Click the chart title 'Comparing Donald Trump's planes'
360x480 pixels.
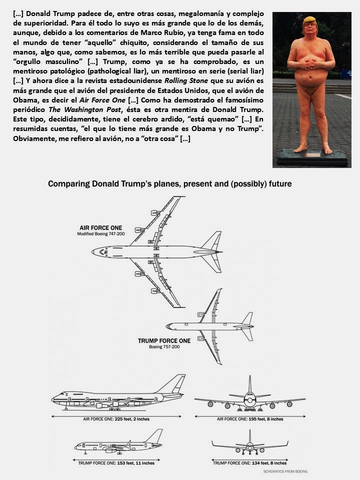pos(169,184)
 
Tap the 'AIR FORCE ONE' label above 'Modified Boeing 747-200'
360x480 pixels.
pos(100,228)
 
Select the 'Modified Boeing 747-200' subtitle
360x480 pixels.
pos(100,233)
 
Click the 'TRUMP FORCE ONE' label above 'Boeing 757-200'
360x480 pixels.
pos(164,341)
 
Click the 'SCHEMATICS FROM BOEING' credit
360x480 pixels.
pos(285,471)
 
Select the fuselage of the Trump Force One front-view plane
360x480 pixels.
pos(249,445)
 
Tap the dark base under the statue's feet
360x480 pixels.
pos(311,157)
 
